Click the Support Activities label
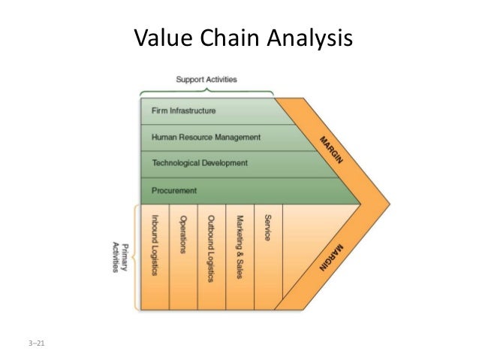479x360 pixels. coord(206,78)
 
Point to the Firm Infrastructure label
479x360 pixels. coord(184,110)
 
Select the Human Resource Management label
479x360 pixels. coord(206,137)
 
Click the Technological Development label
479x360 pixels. coord(199,163)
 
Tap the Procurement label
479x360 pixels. coord(174,190)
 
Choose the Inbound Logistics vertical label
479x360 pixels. coord(155,244)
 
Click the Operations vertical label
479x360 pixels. coord(183,235)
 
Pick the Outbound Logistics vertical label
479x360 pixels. coord(212,247)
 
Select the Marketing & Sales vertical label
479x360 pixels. coord(239,247)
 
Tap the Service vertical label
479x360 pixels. coord(267,228)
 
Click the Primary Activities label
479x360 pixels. coord(118,257)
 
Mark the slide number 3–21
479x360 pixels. coord(31,345)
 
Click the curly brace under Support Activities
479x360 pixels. coord(206,90)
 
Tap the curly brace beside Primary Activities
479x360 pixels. coord(135,257)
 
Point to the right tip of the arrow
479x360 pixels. coord(390,203)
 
